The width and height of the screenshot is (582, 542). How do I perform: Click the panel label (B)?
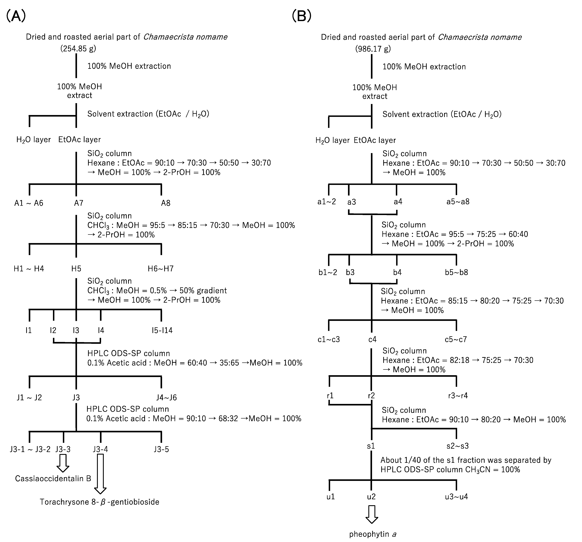(x=302, y=16)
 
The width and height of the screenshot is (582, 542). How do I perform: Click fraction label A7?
(x=78, y=203)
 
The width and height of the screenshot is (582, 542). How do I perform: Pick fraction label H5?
(x=76, y=269)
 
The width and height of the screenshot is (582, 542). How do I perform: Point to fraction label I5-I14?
(x=162, y=330)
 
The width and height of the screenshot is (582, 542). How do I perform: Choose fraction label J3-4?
(x=100, y=449)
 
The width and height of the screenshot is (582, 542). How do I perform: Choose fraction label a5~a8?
(x=458, y=201)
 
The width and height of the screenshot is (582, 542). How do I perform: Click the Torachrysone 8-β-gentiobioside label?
(x=100, y=502)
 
